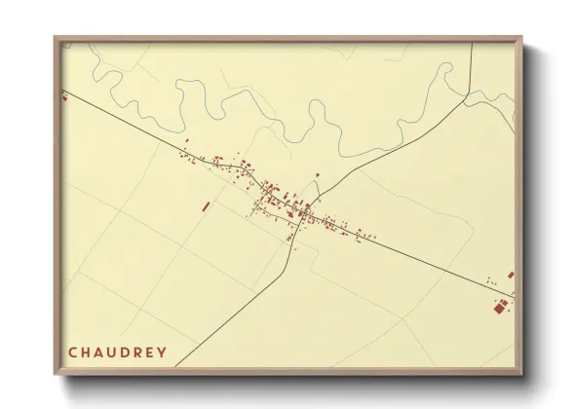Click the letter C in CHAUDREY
click(x=72, y=352)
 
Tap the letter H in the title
click(x=86, y=352)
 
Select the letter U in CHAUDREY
click(x=115, y=352)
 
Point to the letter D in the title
click(x=130, y=352)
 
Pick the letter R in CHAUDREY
click(x=143, y=352)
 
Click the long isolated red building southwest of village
click(x=206, y=205)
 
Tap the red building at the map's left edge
click(x=64, y=96)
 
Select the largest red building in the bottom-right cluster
click(x=503, y=307)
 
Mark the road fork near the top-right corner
click(x=469, y=94)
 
